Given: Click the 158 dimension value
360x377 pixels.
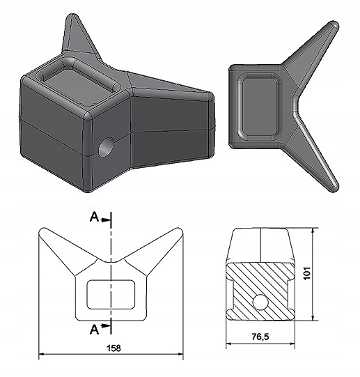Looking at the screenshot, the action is (114, 348).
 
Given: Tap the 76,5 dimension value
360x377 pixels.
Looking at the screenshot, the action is (260, 337).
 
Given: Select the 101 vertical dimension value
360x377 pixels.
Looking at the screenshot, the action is (307, 273).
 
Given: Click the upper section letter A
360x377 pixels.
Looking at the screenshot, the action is (94, 217).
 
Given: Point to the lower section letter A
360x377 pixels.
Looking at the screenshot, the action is (94, 329).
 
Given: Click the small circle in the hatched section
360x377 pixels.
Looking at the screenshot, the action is (260, 302).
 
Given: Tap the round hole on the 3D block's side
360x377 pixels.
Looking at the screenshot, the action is (106, 147).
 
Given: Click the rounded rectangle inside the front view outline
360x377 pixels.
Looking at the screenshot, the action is (111, 295).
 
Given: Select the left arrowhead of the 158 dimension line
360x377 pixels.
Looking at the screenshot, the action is (42, 354).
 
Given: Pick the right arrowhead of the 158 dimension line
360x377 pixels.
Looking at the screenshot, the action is (180, 354).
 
